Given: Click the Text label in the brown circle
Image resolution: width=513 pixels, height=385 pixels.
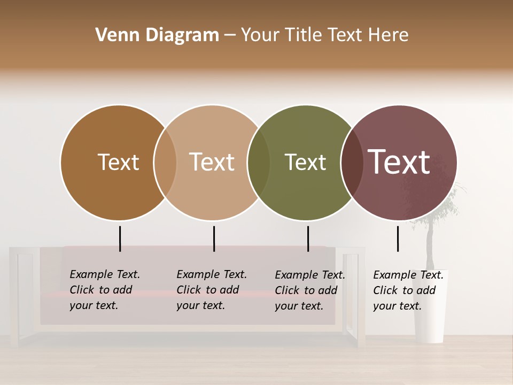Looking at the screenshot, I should point(118,162).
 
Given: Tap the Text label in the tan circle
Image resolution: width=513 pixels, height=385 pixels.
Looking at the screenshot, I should point(212,162).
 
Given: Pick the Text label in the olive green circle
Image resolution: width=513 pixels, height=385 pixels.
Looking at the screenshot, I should point(305,162).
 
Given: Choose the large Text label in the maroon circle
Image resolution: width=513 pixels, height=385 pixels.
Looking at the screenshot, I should point(399,162).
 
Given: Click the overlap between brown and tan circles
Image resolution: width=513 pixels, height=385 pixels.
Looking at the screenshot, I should point(165,163).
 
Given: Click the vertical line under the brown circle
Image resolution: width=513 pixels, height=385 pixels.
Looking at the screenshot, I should point(120,238).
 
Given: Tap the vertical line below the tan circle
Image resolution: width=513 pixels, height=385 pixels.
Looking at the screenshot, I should point(214,238).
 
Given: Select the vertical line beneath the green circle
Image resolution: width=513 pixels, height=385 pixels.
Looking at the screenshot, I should point(308,238).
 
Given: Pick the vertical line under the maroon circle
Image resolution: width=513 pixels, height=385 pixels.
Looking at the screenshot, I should point(398,238).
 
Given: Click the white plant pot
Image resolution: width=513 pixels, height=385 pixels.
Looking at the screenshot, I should point(430,315).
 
